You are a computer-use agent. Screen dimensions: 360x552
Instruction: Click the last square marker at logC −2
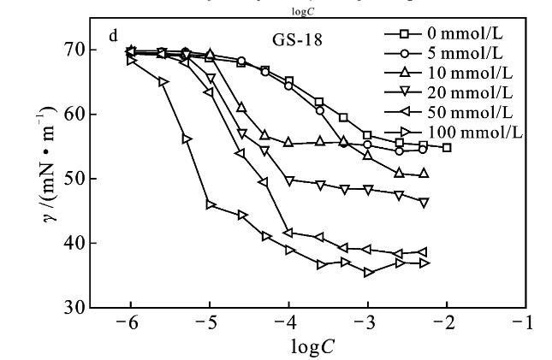[x=447, y=147]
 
